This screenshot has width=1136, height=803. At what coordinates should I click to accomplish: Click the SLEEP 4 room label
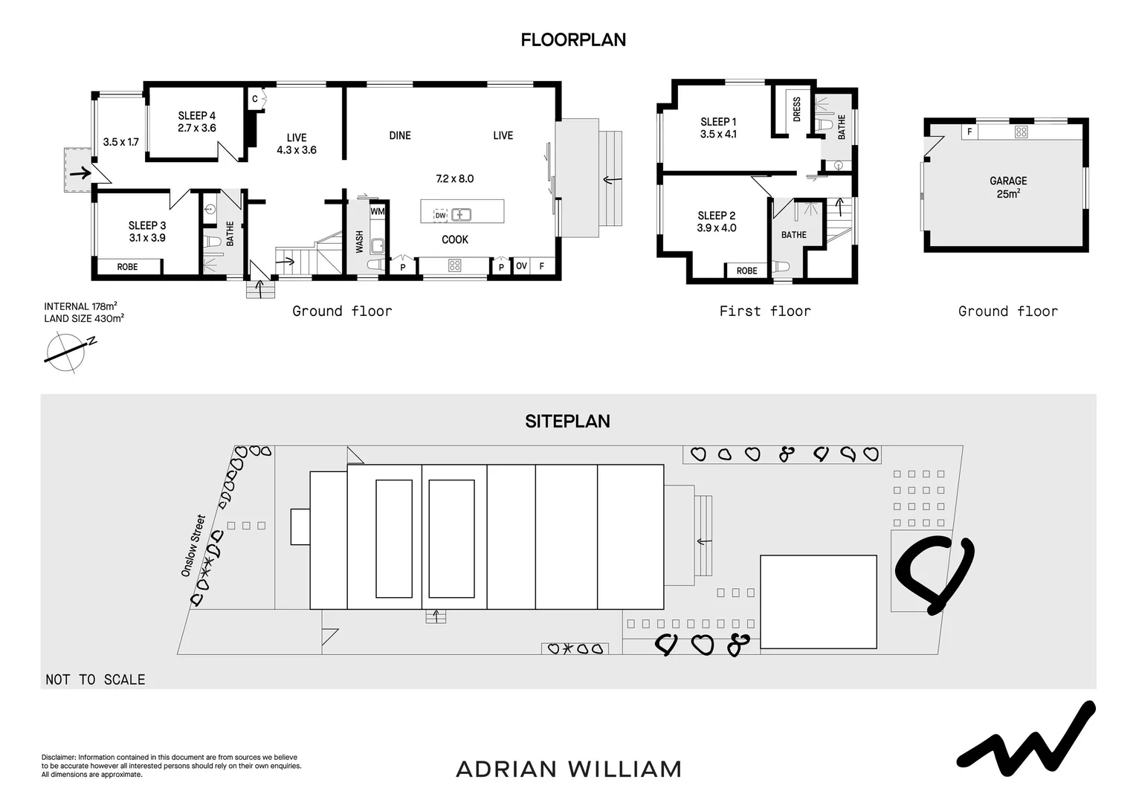pyautogui.click(x=197, y=121)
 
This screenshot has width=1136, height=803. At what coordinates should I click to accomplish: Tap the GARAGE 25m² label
pyautogui.click(x=1008, y=187)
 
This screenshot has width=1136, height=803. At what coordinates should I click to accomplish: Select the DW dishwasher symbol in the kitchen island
pyautogui.click(x=440, y=215)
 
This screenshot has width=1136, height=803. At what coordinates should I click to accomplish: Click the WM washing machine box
pyautogui.click(x=378, y=211)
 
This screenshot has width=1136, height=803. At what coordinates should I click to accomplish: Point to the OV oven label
pyautogui.click(x=521, y=266)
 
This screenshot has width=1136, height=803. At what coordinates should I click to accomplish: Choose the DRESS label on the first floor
pyautogui.click(x=797, y=109)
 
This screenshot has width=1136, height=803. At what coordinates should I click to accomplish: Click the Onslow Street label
pyautogui.click(x=193, y=546)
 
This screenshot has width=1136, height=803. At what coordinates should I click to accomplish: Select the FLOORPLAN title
pyautogui.click(x=573, y=40)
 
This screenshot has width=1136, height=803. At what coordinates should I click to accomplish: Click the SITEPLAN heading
pyautogui.click(x=567, y=421)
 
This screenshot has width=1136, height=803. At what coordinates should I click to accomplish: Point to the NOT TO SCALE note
pyautogui.click(x=95, y=679)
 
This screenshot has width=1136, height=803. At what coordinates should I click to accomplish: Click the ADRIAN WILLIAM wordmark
pyautogui.click(x=568, y=769)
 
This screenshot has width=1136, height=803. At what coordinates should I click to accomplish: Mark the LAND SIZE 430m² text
pyautogui.click(x=84, y=318)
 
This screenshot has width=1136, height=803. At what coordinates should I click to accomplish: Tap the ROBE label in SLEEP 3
pyautogui.click(x=127, y=266)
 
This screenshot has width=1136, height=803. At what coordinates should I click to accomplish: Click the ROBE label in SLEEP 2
pyautogui.click(x=746, y=271)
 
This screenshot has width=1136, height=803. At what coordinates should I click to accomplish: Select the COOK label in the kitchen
pyautogui.click(x=455, y=239)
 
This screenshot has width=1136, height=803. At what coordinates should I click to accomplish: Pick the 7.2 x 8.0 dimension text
pyautogui.click(x=454, y=178)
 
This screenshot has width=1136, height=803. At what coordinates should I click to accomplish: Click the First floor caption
pyautogui.click(x=764, y=311)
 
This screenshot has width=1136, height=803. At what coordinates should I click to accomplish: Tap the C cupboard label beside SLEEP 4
pyautogui.click(x=254, y=99)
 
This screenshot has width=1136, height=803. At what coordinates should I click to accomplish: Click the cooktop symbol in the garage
pyautogui.click(x=1021, y=132)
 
